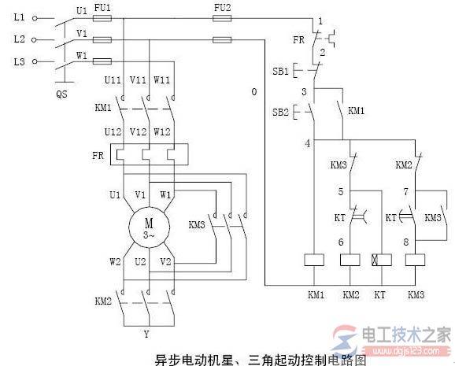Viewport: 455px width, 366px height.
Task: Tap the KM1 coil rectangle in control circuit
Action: click(x=315, y=259)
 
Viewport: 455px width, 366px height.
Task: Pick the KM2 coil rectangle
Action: click(x=350, y=259)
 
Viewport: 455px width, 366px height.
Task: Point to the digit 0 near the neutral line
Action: click(x=253, y=92)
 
